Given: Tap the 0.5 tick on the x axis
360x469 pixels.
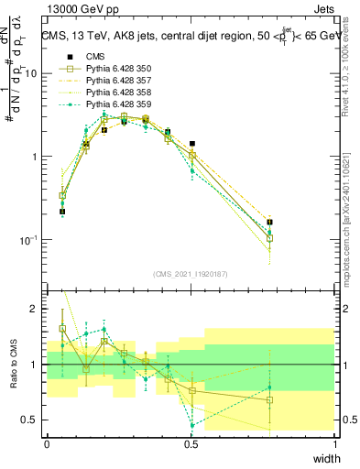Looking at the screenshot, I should click(x=191, y=444).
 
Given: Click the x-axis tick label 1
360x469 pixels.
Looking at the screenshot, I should click(x=334, y=444).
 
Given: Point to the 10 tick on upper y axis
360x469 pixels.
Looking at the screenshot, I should click(x=34, y=73).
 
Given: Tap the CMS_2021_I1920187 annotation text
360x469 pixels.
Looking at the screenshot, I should click(x=191, y=273).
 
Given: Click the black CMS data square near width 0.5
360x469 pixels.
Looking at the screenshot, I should click(x=191, y=144).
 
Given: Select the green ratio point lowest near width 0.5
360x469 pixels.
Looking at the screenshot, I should click(x=191, y=425).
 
